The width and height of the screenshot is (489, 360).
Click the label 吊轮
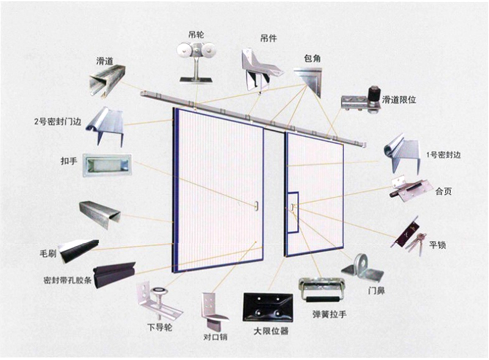pos(196,34)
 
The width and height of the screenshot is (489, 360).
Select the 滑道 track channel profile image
pos(105,80)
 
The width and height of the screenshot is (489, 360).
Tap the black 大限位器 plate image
pos(267,307)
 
